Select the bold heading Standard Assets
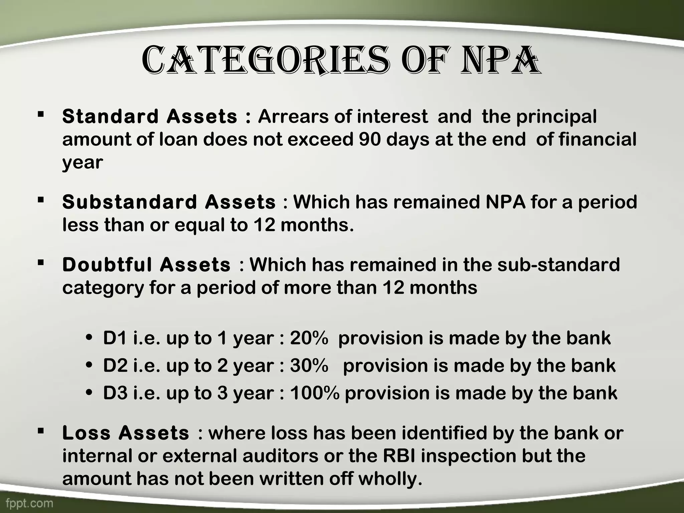point(150,117)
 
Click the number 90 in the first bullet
point(370,139)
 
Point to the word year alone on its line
point(82,163)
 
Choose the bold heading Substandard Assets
point(169,202)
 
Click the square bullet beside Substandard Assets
point(41,200)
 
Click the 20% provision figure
point(309,338)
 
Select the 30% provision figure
point(309,365)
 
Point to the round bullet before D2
point(89,366)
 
